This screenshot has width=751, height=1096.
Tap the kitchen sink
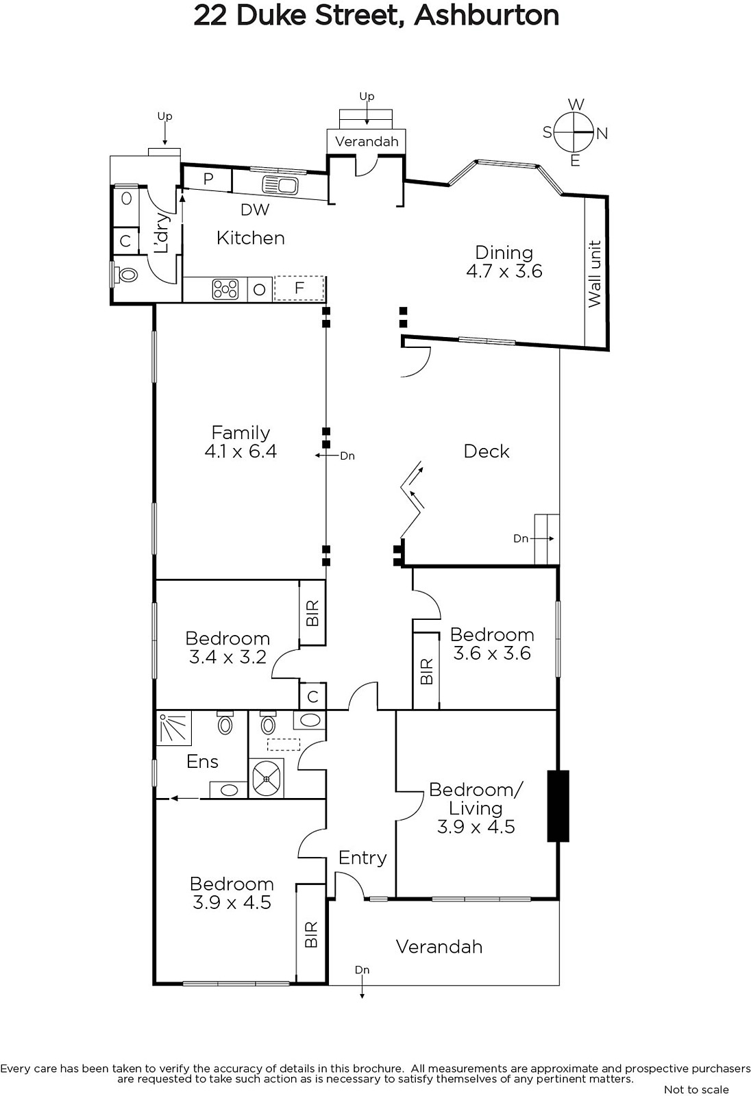(280, 186)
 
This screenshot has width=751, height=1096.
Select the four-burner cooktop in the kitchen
(225, 289)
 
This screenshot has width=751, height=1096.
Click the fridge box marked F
(299, 288)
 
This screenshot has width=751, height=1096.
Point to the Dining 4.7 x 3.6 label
(504, 262)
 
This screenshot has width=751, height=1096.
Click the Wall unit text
(594, 274)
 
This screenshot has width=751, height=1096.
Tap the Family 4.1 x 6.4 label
(241, 442)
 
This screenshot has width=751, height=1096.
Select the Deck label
(487, 451)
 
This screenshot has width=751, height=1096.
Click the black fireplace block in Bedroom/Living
(558, 806)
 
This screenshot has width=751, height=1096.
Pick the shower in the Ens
(173, 727)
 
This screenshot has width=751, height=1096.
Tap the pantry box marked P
(208, 178)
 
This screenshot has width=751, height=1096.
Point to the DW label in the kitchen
(255, 210)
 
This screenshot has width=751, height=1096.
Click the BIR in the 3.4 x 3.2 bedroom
(312, 613)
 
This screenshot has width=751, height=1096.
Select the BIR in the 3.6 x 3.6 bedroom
(426, 671)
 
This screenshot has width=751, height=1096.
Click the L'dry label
(162, 233)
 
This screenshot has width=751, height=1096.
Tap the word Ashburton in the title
(487, 16)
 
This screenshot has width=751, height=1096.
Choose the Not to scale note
(696, 1089)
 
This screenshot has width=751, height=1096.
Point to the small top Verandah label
(367, 142)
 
